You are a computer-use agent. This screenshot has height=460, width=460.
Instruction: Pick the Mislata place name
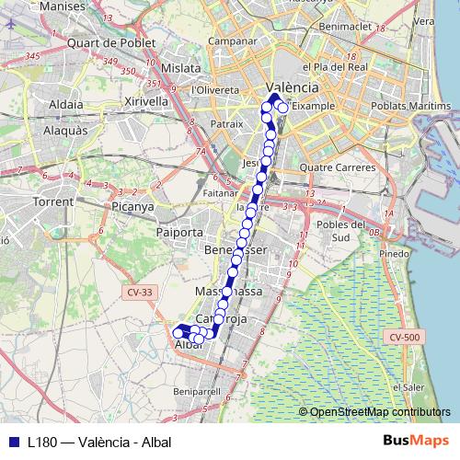tap(180, 68)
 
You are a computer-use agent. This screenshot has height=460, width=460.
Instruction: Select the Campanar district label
tap(232, 40)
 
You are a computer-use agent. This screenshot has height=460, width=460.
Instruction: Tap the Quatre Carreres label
tap(337, 168)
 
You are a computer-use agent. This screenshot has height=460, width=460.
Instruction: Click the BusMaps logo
tap(415, 441)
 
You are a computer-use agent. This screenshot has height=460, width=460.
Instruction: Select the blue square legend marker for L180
tap(13, 442)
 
